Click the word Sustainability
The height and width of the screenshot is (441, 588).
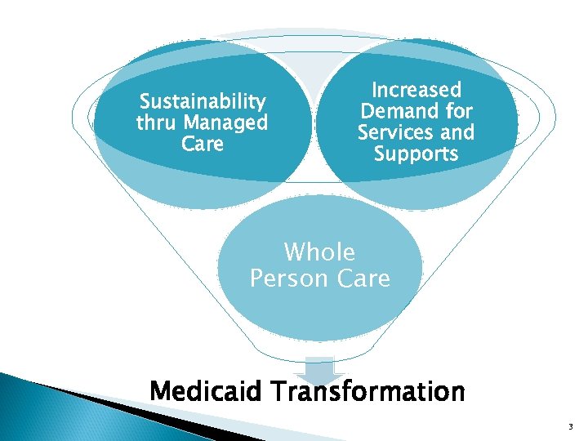203,102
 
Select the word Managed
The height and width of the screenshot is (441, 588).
225,123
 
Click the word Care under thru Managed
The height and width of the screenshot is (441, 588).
203,145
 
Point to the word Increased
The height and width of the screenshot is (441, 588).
416,90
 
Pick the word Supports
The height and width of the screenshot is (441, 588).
416,154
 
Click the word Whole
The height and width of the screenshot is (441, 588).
319,252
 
